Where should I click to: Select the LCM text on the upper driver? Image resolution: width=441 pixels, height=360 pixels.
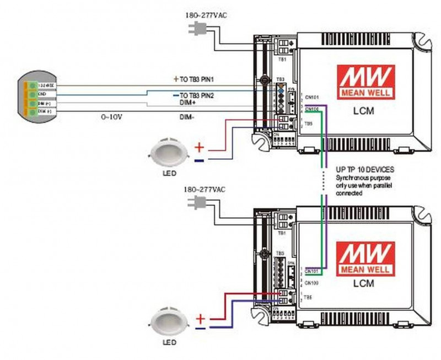pyautogui.click(x=363, y=111)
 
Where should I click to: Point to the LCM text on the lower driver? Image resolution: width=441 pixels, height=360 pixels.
pyautogui.click(x=363, y=284)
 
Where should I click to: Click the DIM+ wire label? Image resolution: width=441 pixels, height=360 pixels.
pyautogui.click(x=188, y=103)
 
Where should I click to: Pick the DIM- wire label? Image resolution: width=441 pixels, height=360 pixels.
pyautogui.click(x=187, y=117)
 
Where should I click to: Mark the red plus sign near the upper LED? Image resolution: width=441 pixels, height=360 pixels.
pyautogui.click(x=201, y=147)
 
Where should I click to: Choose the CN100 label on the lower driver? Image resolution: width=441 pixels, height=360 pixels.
pyautogui.click(x=311, y=282)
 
